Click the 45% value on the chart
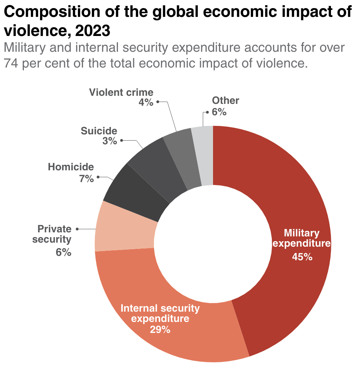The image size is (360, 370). tap(302, 257)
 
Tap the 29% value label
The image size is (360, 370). tap(160, 329)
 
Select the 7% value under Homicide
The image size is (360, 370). tap(87, 179)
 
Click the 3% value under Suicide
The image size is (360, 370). tap(110, 141)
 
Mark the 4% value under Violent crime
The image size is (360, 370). tap(145, 102)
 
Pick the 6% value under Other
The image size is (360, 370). tap(219, 112)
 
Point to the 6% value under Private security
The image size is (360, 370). tap(63, 252)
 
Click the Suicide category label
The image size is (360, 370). tap(99, 131)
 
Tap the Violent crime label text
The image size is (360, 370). tap(121, 92)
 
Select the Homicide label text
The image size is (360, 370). tap(71, 167)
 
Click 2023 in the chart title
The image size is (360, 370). tap(92, 31)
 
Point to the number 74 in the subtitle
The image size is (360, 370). tap(11, 63)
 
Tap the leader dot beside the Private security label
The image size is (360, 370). tap(77, 229)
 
